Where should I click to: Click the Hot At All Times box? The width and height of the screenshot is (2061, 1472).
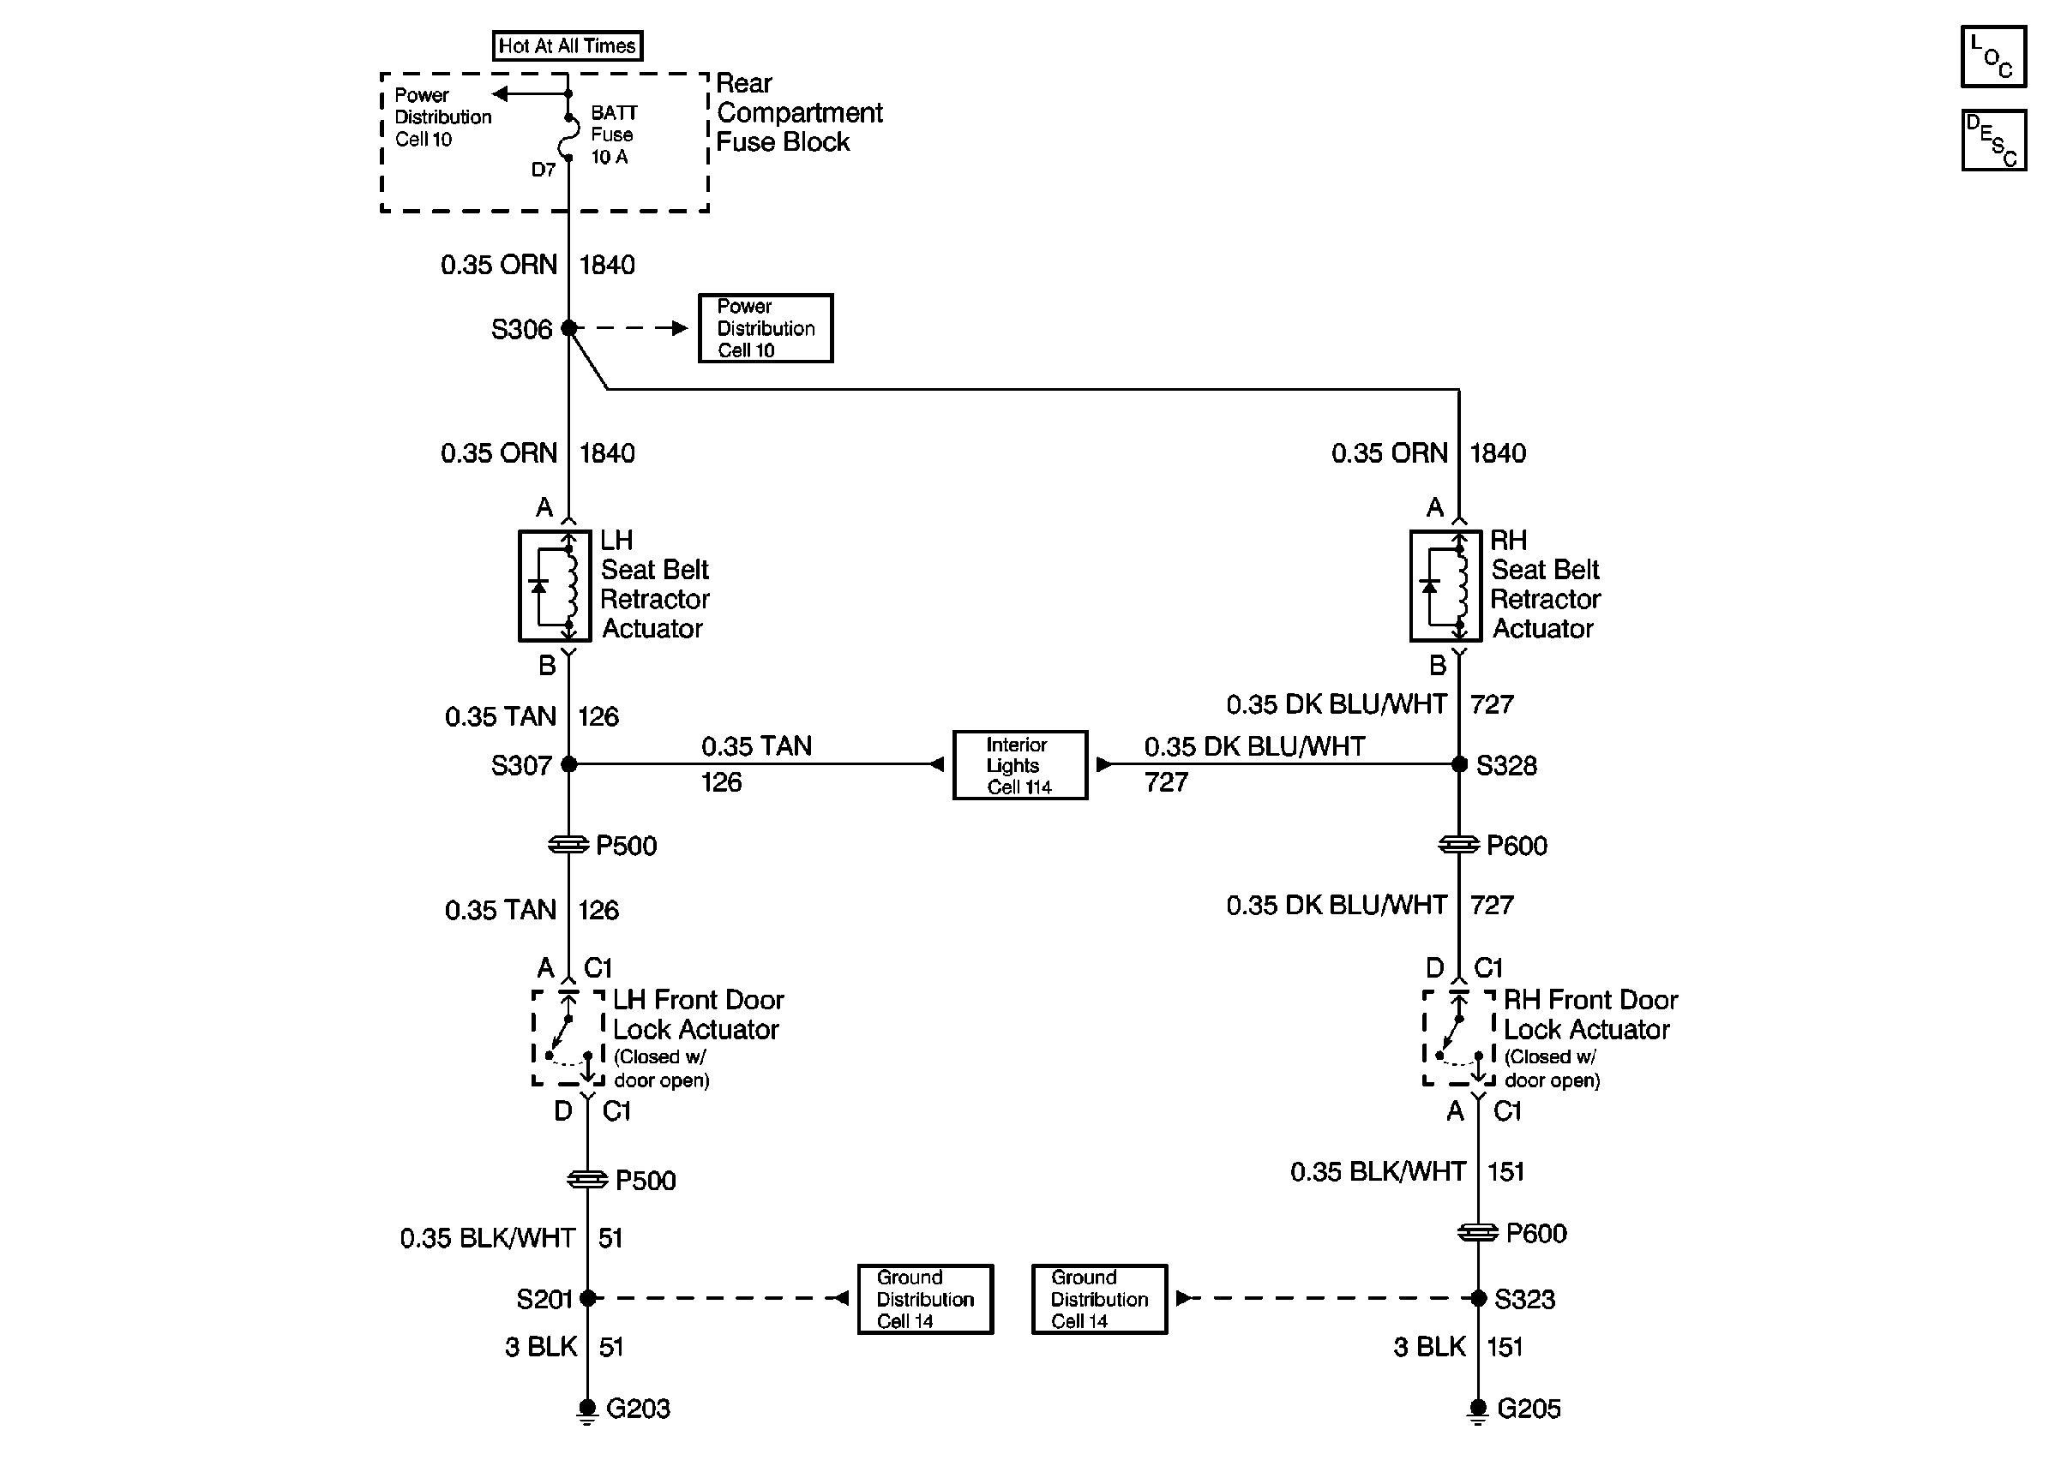pos(568,45)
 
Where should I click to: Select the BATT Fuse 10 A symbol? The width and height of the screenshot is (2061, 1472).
pos(569,136)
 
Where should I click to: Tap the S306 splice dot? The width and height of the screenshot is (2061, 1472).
pos(568,328)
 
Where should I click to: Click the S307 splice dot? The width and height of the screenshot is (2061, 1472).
pos(568,764)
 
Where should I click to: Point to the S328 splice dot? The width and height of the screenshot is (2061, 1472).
pos(1459,764)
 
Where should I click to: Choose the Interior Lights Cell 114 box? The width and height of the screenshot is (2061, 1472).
pos(1020,765)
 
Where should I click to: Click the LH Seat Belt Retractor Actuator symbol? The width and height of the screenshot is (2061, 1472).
pos(555,585)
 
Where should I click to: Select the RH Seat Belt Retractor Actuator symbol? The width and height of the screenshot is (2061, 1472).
pos(1445,585)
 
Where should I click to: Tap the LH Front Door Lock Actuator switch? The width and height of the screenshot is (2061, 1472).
pos(568,1038)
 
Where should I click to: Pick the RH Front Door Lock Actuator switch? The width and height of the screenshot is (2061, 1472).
pos(1459,1038)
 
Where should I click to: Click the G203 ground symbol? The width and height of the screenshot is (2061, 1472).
pos(586,1410)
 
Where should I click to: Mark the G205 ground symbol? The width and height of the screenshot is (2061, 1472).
pos(1478,1410)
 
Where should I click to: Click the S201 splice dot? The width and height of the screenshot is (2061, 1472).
pos(587,1298)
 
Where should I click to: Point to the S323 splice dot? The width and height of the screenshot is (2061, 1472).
pos(1478,1298)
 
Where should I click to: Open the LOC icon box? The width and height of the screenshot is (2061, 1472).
pos(1993,57)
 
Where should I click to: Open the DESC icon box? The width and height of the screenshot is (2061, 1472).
pos(1993,141)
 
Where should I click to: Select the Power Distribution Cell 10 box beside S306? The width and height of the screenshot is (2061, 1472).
pos(766,328)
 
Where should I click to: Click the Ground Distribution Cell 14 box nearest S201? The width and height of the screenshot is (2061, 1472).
pos(926,1299)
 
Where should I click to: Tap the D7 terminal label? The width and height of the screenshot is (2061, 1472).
pos(544,170)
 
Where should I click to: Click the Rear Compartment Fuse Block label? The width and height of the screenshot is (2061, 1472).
pos(799,112)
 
